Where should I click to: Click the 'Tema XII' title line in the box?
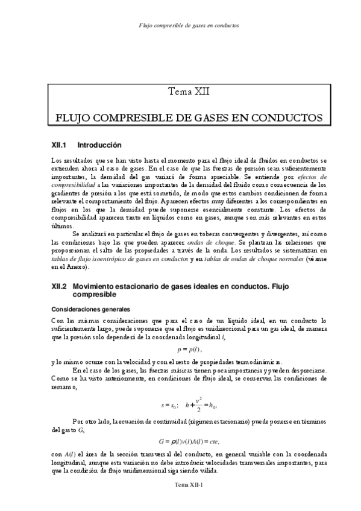(188, 92)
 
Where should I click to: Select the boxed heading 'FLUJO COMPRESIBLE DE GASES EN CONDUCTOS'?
(188, 116)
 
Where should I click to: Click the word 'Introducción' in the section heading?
(99, 145)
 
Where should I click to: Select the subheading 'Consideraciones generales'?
(87, 309)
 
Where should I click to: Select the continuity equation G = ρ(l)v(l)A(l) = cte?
(189, 450)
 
